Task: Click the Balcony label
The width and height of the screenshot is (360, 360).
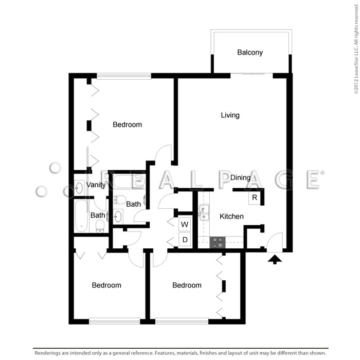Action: click(250, 52)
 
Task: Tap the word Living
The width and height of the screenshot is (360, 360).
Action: click(230, 115)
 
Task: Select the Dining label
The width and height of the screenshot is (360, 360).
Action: click(240, 177)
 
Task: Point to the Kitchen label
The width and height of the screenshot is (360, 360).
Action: click(231, 217)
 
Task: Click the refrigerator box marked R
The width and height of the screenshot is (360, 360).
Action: click(255, 197)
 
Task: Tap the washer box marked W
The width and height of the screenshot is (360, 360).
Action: click(185, 224)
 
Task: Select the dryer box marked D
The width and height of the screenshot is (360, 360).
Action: click(185, 240)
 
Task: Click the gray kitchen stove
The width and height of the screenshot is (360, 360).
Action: click(218, 242)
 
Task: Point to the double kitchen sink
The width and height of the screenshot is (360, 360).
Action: click(204, 212)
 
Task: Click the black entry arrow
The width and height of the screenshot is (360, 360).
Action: click(275, 260)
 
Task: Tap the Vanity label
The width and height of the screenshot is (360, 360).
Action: click(96, 185)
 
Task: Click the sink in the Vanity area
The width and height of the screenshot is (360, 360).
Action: click(79, 188)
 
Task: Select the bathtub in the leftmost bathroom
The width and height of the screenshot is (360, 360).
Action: click(81, 216)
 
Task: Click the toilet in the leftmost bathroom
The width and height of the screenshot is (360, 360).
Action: click(100, 226)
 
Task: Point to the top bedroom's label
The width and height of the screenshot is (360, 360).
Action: click(127, 124)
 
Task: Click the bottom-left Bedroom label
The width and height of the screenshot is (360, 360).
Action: click(106, 285)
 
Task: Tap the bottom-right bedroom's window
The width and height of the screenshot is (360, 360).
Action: click(182, 321)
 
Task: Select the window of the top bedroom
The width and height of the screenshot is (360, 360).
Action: click(124, 76)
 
